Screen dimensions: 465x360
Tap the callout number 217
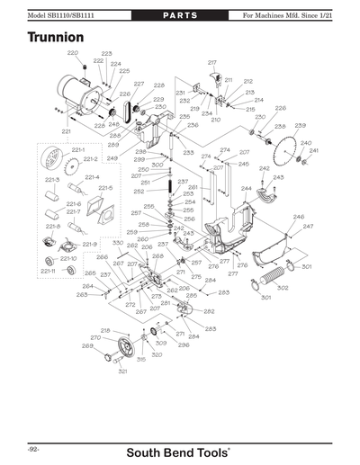[x=212, y=61]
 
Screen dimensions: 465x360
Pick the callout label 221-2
[x=90, y=158]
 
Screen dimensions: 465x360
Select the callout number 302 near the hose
[x=283, y=288]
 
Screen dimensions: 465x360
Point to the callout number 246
[x=298, y=217]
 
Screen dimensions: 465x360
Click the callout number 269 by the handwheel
[x=87, y=345]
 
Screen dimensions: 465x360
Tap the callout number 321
[x=122, y=371]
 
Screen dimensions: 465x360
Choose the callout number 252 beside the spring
[x=139, y=191]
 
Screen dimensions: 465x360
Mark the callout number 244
[x=246, y=189]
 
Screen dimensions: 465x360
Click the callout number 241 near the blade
[x=314, y=150]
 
